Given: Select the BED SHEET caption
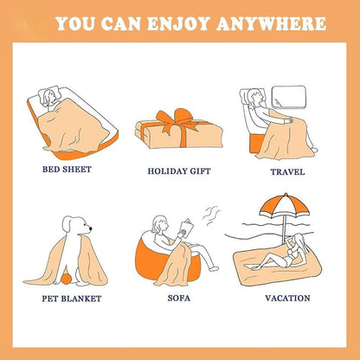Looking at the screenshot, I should click(x=67, y=169).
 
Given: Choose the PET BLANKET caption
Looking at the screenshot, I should click(x=72, y=299).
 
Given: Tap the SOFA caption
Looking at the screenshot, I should click(x=179, y=299).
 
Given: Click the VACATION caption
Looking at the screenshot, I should click(x=289, y=299).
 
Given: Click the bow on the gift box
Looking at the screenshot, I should click(x=177, y=119).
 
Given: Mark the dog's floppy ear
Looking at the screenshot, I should click(x=74, y=231).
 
